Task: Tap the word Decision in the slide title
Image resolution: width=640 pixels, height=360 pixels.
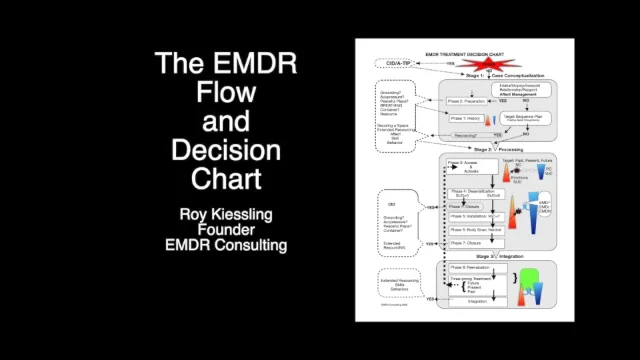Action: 226,151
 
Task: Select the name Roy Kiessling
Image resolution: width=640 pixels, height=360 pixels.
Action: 226,214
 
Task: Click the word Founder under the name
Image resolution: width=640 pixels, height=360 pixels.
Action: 226,229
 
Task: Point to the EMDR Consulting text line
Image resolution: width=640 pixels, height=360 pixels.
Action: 226,244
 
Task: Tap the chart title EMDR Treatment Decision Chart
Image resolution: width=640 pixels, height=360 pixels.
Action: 464,53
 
